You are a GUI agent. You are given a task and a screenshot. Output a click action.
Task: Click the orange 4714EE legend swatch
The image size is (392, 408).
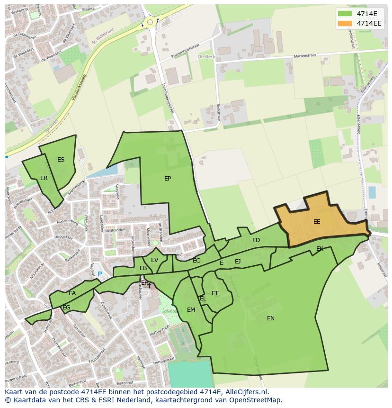point(345,23)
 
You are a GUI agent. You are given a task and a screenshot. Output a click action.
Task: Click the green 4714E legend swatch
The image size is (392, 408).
point(345,14)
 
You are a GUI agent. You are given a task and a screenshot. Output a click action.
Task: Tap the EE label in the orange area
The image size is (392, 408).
point(317,222)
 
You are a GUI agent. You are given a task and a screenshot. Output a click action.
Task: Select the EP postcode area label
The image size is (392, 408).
point(168,179)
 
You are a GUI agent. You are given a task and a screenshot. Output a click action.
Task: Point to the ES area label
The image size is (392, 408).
point(61,160)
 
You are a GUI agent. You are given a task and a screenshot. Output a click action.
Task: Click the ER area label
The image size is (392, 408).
point(44,178)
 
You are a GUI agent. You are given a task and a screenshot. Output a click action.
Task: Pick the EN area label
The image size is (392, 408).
point(271,318)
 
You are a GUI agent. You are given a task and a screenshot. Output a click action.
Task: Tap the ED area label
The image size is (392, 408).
point(256,240)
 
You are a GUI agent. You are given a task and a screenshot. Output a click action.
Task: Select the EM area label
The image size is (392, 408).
point(191,310)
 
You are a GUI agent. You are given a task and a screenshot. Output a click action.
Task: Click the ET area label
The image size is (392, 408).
point(215,293)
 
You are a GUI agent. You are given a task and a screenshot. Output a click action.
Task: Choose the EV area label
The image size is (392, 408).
point(154,260)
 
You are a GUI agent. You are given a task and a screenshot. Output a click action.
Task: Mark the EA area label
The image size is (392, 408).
point(72,293)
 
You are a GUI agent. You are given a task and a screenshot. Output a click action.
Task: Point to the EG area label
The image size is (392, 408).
point(66,308)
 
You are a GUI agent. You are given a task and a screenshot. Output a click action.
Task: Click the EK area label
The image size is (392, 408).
point(320,249)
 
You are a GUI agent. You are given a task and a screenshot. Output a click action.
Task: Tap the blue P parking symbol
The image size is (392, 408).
point(100,274)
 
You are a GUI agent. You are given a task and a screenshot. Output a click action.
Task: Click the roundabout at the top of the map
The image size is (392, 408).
point(151,22)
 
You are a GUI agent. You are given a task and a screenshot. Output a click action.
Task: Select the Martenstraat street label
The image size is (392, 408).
point(304,56)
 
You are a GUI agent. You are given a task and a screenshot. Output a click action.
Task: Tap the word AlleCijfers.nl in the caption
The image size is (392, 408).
point(246,392)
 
